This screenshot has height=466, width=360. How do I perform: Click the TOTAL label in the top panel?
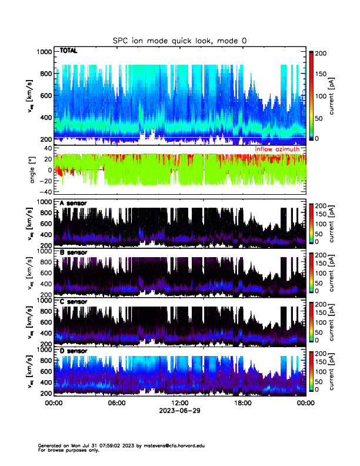[69, 51]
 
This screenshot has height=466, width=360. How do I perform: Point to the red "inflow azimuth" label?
[281, 149]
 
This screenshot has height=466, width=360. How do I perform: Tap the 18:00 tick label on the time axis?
[242, 403]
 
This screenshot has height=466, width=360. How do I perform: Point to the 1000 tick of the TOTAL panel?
[44, 52]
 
